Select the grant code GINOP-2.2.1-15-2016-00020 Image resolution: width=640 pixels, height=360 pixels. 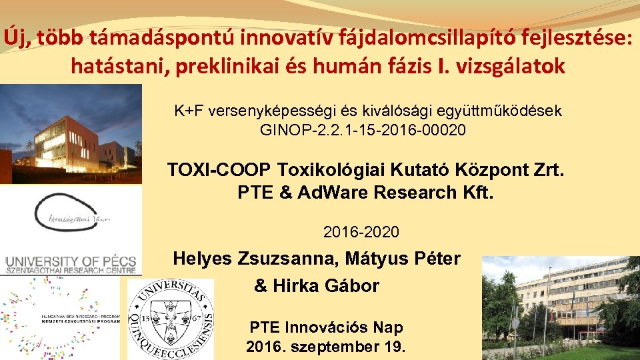click(363, 130)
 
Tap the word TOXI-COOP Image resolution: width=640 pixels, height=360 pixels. click(219, 170)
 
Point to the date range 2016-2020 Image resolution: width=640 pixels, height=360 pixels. click(361, 233)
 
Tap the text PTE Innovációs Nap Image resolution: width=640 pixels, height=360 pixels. click(326, 327)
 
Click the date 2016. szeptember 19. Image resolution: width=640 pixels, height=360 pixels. click(326, 347)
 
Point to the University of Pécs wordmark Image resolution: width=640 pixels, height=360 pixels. click(71, 264)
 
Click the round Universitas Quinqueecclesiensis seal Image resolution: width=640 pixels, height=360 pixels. click(171, 318)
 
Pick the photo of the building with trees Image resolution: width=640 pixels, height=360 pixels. click(560, 307)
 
